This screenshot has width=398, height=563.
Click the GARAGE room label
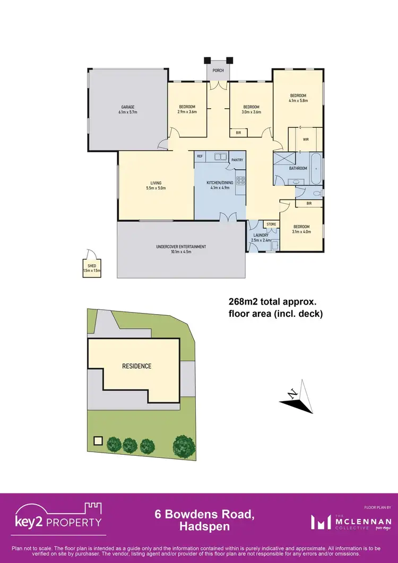[x=128, y=110]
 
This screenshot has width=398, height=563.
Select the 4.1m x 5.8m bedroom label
[x=298, y=98]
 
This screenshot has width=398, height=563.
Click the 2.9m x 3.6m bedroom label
[x=187, y=109]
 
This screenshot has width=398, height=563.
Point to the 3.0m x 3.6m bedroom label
[x=251, y=109]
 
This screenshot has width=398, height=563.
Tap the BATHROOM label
[x=298, y=168]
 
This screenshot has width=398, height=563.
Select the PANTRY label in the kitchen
[x=237, y=159]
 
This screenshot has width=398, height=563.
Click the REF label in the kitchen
[x=200, y=157]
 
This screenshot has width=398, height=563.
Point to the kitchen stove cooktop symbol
[x=240, y=180]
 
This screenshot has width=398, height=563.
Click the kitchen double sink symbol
[x=220, y=157]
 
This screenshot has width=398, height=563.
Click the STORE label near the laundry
[x=271, y=224]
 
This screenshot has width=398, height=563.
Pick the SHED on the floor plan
[x=91, y=268]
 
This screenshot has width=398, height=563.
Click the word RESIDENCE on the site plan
[x=137, y=366]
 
